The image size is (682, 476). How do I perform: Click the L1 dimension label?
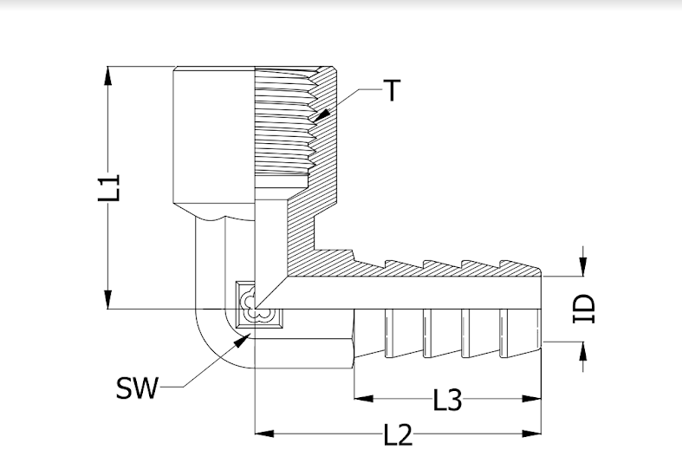click(108, 187)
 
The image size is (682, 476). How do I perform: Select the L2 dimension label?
click(398, 434)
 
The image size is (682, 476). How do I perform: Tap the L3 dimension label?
click(447, 400)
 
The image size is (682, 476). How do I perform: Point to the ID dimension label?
click(584, 309)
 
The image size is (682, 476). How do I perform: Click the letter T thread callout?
click(392, 90)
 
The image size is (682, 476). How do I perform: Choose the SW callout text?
click(137, 388)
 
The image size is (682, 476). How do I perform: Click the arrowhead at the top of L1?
click(107, 76)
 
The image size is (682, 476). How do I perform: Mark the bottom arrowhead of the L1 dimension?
click(107, 299)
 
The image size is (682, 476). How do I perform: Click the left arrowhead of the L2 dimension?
click(264, 434)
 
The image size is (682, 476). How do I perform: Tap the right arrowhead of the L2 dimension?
click(531, 434)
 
